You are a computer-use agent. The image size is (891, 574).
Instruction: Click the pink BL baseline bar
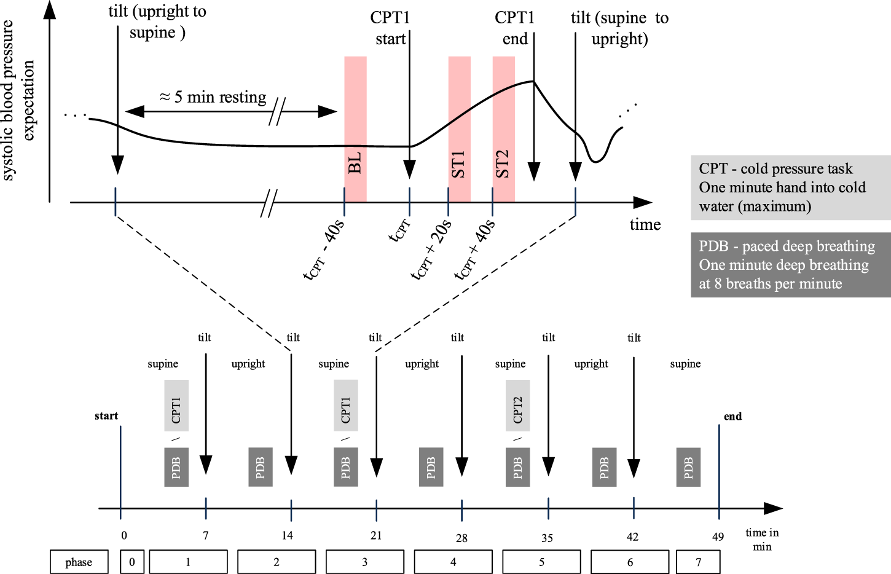click(355, 129)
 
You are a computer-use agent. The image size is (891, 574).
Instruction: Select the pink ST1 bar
click(459, 129)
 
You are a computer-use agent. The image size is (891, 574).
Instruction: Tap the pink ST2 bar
click(503, 129)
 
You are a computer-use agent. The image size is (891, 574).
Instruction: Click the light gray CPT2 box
click(517, 406)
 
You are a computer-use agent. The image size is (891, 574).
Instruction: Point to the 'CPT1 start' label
click(390, 28)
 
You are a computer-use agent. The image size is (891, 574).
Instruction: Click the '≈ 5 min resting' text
click(213, 97)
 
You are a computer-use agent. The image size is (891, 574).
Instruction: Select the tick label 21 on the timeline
click(376, 536)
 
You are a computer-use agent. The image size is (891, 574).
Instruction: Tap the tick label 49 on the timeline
click(718, 537)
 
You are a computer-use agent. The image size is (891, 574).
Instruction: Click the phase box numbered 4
click(453, 562)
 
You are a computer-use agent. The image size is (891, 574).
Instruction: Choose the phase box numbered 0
click(132, 562)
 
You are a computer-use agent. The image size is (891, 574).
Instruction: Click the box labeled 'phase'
click(79, 562)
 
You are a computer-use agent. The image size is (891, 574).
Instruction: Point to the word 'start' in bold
click(106, 416)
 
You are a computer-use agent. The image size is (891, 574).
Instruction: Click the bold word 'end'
click(732, 417)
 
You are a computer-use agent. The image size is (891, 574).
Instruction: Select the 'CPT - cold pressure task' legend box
click(790, 187)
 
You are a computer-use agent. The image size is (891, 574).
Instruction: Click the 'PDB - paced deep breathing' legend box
click(790, 265)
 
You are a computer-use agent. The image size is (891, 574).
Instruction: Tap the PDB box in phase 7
click(688, 467)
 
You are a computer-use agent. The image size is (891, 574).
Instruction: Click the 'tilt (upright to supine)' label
click(157, 22)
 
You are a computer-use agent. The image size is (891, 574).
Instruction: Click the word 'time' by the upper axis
click(645, 225)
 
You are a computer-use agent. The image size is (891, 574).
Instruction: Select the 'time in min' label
click(762, 540)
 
